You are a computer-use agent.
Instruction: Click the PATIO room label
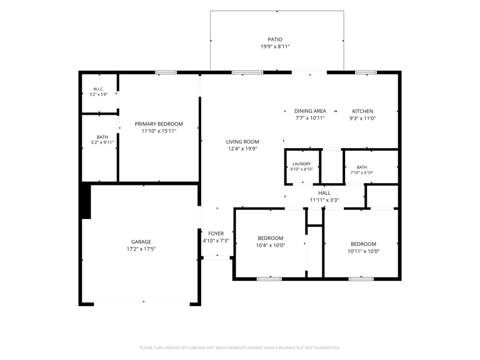(275, 40)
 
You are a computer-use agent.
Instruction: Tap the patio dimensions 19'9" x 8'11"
(275, 47)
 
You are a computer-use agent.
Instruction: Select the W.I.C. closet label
(98, 89)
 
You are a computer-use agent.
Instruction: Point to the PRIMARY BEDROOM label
(159, 124)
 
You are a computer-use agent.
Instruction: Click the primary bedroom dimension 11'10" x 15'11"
(159, 131)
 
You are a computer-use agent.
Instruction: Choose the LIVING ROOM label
(242, 142)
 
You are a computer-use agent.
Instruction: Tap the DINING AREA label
(310, 111)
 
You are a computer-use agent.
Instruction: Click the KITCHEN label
(362, 112)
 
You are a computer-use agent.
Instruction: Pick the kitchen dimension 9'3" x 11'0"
(362, 118)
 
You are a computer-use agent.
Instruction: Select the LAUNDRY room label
(302, 164)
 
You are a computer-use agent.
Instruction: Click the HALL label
(324, 193)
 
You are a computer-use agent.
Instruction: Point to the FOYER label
(216, 233)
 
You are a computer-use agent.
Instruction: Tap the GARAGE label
(141, 242)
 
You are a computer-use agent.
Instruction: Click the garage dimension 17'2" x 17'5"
(141, 249)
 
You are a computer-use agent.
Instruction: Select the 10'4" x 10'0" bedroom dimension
(271, 245)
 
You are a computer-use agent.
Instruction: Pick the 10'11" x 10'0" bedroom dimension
(364, 251)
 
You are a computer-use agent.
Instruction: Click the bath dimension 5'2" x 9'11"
(102, 142)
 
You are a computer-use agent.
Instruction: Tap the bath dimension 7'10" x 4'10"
(362, 173)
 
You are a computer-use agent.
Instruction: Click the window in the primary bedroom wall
(166, 73)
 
